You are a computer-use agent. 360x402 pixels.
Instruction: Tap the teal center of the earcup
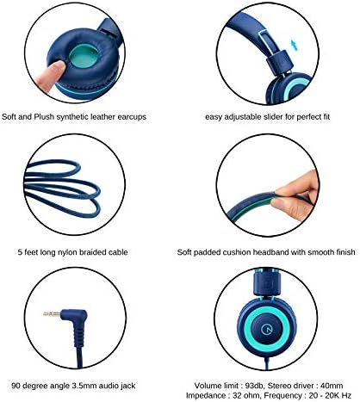[x=84, y=56]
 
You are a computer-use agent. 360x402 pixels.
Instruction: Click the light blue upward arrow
[x=294, y=45]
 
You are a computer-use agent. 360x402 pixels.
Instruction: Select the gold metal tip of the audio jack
[x=52, y=314]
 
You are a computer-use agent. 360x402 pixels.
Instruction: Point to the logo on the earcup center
[x=267, y=329]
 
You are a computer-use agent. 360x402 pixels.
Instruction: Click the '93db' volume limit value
[x=251, y=386]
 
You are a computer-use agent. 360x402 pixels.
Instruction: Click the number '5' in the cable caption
[x=20, y=252]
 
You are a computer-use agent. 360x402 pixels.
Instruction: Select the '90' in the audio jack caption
[x=16, y=386]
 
